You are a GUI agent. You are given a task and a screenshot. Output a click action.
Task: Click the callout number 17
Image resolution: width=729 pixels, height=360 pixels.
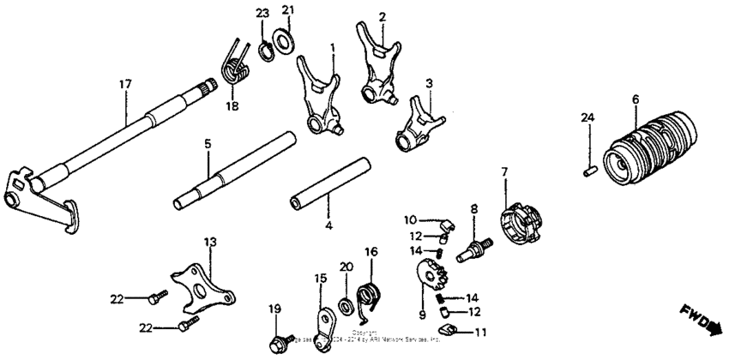(125, 84)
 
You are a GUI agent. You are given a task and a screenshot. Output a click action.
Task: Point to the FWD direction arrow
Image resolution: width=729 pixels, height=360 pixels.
(700, 319)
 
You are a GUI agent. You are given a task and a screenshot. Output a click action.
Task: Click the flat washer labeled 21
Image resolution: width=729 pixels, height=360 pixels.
(281, 39)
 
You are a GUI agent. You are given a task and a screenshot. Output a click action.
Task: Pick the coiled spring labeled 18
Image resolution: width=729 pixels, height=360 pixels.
(234, 64)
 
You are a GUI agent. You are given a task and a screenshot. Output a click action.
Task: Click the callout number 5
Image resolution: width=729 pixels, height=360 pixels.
(207, 145)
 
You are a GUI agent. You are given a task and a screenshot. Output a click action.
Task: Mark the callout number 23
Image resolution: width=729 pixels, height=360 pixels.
(262, 12)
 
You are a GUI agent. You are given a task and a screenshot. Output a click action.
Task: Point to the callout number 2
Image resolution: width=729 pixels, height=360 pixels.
(382, 16)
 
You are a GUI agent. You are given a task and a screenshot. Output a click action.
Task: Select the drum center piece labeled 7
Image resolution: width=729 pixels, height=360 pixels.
(521, 225)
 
